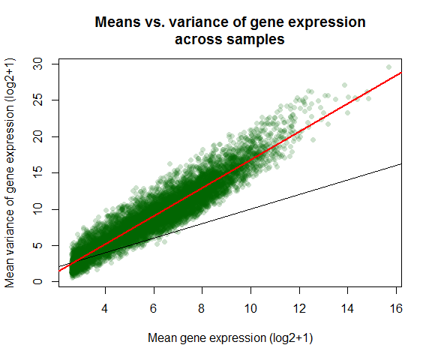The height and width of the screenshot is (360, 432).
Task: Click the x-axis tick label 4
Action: click(105, 308)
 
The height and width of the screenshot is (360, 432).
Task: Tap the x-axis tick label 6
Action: click(154, 308)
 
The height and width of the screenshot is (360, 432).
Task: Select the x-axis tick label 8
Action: click(202, 308)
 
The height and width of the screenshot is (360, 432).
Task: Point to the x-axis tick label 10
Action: click(250, 308)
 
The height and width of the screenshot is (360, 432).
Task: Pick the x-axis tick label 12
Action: click(299, 308)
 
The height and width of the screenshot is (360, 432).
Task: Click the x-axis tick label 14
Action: click(347, 308)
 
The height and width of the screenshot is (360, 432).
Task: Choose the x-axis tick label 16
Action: click(396, 308)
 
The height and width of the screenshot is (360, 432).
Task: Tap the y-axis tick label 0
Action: click(38, 281)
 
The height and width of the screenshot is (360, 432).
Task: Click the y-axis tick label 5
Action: click(38, 245)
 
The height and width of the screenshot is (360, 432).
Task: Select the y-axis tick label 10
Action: click(38, 209)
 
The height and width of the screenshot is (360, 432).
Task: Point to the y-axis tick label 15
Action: click(38, 173)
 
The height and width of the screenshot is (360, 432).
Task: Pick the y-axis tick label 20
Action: click(38, 136)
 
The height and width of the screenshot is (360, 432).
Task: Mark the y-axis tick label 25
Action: click(38, 100)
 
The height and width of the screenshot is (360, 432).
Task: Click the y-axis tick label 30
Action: click(38, 64)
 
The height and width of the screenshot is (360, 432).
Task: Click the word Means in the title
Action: click(118, 22)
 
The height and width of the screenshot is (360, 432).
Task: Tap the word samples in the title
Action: click(256, 40)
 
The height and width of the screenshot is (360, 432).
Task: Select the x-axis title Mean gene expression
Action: click(207, 338)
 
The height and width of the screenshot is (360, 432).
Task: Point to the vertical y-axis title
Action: click(10, 173)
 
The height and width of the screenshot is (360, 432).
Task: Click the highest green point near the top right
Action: click(388, 67)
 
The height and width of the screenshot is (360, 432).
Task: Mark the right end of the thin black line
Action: click(401, 164)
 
